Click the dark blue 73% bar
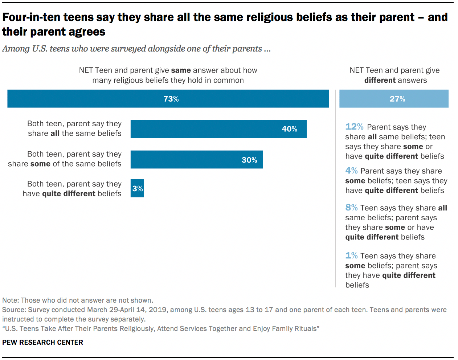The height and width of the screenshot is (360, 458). pyautogui.click(x=168, y=99)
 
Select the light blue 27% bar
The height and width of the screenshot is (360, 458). pyautogui.click(x=394, y=99)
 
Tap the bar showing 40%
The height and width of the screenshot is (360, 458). pyautogui.click(x=218, y=129)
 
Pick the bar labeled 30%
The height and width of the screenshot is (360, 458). pyautogui.click(x=196, y=160)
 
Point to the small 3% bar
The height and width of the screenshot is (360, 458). pyautogui.click(x=137, y=188)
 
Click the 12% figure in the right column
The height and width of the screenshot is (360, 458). pyautogui.click(x=354, y=127)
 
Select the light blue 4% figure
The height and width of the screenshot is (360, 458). pyautogui.click(x=351, y=171)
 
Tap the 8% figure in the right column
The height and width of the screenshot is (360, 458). pyautogui.click(x=351, y=208)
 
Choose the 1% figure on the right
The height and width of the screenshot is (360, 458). pyautogui.click(x=351, y=255)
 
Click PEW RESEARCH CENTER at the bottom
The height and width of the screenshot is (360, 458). pyautogui.click(x=42, y=342)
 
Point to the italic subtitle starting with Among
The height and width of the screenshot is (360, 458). pyautogui.click(x=136, y=49)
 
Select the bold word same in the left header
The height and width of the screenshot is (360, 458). pyautogui.click(x=181, y=70)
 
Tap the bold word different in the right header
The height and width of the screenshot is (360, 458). pyautogui.click(x=380, y=80)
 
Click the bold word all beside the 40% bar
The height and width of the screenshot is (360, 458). pyautogui.click(x=55, y=134)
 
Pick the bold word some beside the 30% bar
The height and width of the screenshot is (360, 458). pyautogui.click(x=40, y=164)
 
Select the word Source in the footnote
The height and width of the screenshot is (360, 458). pyautogui.click(x=13, y=310)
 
